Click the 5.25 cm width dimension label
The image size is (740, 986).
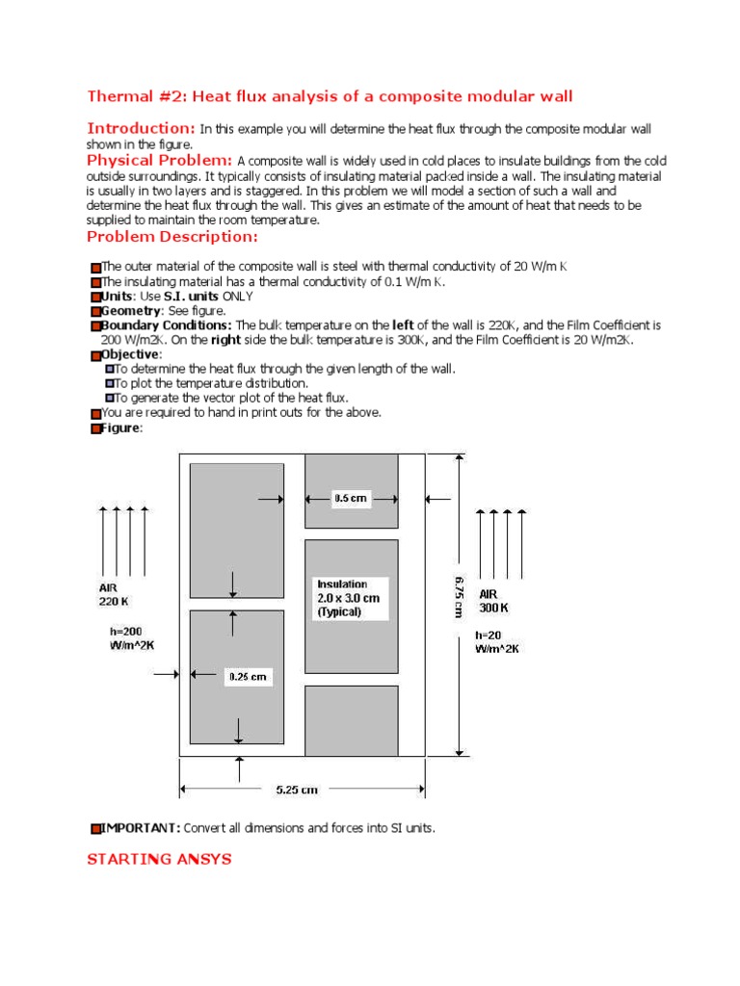click(x=296, y=790)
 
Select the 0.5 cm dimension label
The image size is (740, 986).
click(x=351, y=499)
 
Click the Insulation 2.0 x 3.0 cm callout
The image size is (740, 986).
click(x=348, y=598)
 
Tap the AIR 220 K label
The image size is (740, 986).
click(x=113, y=594)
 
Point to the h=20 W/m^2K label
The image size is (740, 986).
click(x=497, y=641)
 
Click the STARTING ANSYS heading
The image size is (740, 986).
click(x=159, y=859)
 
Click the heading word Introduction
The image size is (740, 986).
click(x=141, y=128)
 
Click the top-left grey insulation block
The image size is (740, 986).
click(x=236, y=531)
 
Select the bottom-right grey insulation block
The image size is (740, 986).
click(x=351, y=720)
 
